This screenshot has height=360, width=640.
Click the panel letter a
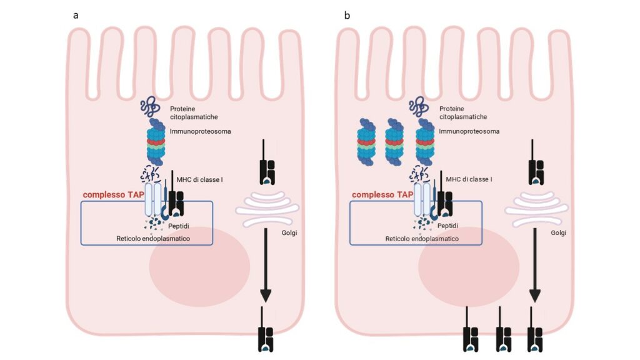pyautogui.click(x=76, y=15)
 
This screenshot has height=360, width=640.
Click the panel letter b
pyautogui.click(x=347, y=15)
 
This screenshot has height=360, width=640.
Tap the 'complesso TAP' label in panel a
pyautogui.click(x=113, y=195)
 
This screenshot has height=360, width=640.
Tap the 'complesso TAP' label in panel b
pyautogui.click(x=382, y=195)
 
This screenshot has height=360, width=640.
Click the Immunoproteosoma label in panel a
pyautogui.click(x=198, y=132)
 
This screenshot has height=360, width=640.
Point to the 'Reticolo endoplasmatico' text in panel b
pyautogui.click(x=422, y=239)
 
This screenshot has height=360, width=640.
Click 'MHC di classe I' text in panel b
pyautogui.click(x=469, y=179)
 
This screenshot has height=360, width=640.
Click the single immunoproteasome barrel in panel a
pyautogui.click(x=156, y=142)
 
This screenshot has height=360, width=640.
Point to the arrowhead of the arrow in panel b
pyautogui.click(x=536, y=293)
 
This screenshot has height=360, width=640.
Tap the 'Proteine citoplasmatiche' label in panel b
pyautogui.click(x=463, y=112)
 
